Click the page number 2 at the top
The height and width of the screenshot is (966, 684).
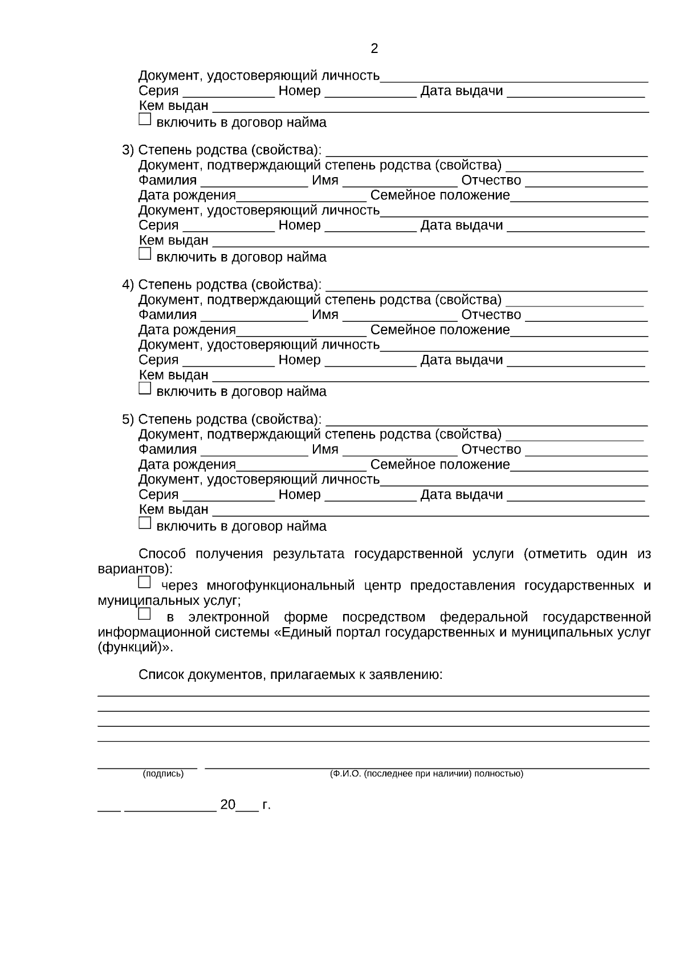pos(374,49)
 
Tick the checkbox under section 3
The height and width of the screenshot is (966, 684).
pos(145,254)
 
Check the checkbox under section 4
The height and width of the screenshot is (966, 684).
pos(145,388)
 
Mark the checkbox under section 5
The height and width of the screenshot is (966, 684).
pos(145,523)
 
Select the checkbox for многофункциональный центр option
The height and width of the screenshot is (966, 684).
pos(145,583)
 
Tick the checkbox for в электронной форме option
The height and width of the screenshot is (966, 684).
pos(145,614)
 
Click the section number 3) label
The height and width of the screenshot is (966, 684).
pos(128,150)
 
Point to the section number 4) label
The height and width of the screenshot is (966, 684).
pos(128,285)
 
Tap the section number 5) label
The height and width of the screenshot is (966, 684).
pos(128,420)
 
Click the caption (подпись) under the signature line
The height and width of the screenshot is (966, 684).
pos(163,773)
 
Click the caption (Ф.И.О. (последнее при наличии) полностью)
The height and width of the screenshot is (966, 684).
pos(426,773)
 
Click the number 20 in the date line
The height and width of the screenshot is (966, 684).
pos(227,805)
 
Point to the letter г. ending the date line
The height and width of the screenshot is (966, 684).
pos(266,805)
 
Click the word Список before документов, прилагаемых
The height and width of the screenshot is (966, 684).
pos(161,676)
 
